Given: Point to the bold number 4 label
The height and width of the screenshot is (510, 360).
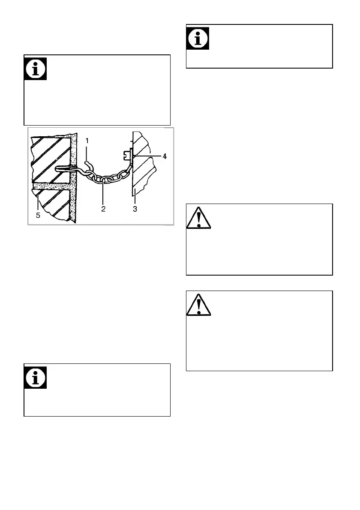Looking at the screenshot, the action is coord(165,157).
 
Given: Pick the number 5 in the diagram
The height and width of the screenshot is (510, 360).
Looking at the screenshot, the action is coord(38,215).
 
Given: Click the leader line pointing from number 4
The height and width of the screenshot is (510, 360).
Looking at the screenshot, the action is coord(148,157).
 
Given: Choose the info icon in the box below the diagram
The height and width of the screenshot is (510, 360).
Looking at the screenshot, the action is coord(35,378).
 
